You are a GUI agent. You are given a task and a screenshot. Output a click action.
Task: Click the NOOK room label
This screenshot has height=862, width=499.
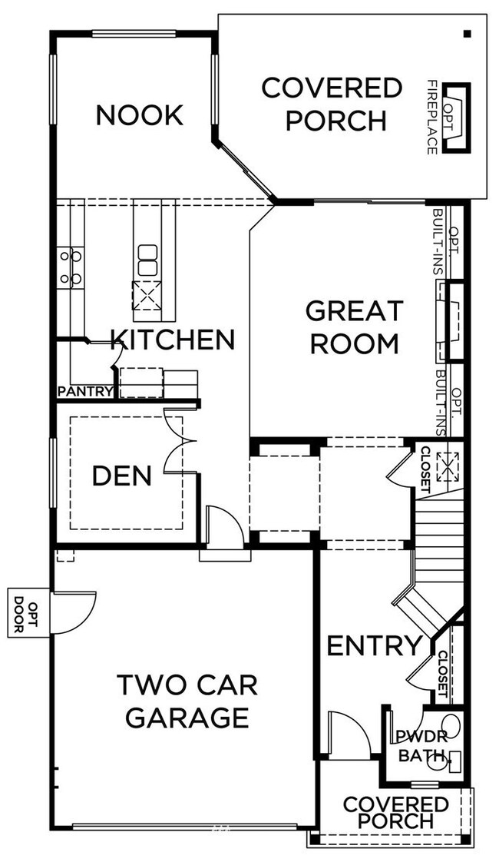coord(139,115)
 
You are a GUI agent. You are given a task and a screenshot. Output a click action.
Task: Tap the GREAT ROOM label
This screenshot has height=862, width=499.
coord(354,327)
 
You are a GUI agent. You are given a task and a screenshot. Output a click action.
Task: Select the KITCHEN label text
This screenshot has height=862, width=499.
coord(173,339)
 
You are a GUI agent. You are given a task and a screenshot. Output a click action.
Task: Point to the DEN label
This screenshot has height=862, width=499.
coord(121,476)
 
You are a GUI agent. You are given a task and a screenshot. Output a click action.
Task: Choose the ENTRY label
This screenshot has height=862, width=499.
coord(374,646)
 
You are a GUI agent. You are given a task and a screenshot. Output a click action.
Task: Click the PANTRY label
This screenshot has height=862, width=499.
coord(85,392)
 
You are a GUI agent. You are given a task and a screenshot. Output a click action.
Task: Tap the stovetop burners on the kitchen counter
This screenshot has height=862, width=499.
coord(71,267)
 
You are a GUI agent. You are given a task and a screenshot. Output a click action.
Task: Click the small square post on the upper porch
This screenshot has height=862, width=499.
coord(466,33)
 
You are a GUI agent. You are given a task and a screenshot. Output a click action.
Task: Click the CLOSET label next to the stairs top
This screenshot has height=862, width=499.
coord(425,468)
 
